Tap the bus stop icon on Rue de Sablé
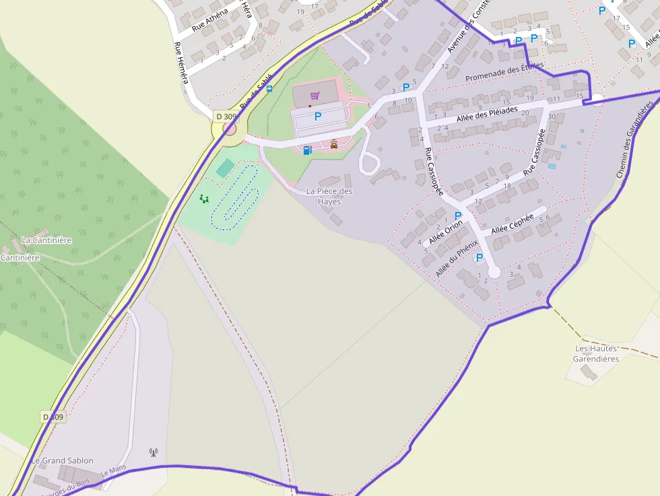pos(269,88)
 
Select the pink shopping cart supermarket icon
pos(315,96)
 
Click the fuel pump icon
pos(307,150)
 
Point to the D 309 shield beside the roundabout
pos(226,116)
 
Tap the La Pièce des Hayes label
pos(329,196)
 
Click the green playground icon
pos(204,199)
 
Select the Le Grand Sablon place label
pos(62,460)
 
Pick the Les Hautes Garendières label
pos(596,353)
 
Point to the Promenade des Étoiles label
pos(504,71)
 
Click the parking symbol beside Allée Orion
pos(459,216)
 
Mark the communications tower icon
pos(154,452)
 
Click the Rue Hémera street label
pos(181,63)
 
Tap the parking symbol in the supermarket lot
pos(318,116)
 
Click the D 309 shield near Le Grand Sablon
pos(53,417)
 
